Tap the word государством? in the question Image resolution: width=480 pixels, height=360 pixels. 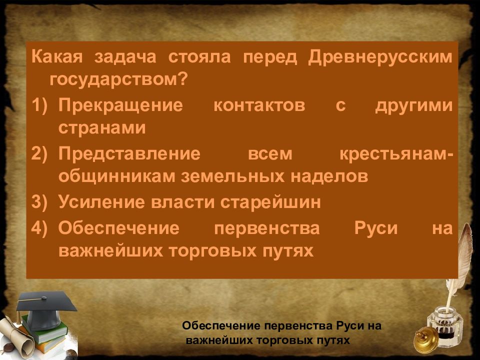(x=118, y=80)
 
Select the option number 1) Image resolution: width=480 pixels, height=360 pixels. (x=39, y=105)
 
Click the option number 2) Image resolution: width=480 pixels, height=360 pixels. (x=39, y=153)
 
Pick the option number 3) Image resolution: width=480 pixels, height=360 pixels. (x=39, y=202)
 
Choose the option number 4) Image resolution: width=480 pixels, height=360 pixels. (x=39, y=228)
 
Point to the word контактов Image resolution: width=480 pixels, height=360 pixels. (x=259, y=105)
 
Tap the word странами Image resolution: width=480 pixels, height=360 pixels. (x=102, y=128)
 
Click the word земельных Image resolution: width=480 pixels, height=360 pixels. (x=233, y=177)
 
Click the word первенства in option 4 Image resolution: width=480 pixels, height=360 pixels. (x=267, y=229)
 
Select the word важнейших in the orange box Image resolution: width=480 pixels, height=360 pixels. (x=110, y=251)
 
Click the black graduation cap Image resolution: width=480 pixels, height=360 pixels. (x=46, y=309)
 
